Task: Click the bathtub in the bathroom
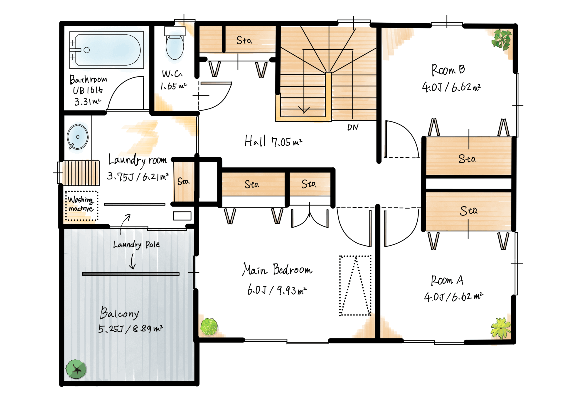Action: (x=106, y=50)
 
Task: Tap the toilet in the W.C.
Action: (x=175, y=43)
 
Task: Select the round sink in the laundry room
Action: (x=77, y=137)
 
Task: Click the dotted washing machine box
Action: (x=81, y=205)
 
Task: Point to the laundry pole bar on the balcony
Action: (x=130, y=274)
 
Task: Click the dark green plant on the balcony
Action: (x=76, y=369)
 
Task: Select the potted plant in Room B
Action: (x=501, y=39)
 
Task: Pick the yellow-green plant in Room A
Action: (x=501, y=328)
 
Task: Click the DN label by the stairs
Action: (x=353, y=127)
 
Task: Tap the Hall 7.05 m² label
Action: (x=273, y=141)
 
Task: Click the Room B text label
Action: (x=448, y=70)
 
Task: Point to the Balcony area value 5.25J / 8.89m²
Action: (x=130, y=328)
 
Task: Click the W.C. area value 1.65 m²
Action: (x=174, y=86)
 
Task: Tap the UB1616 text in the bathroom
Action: (x=88, y=90)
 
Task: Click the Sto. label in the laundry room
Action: (x=183, y=181)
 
